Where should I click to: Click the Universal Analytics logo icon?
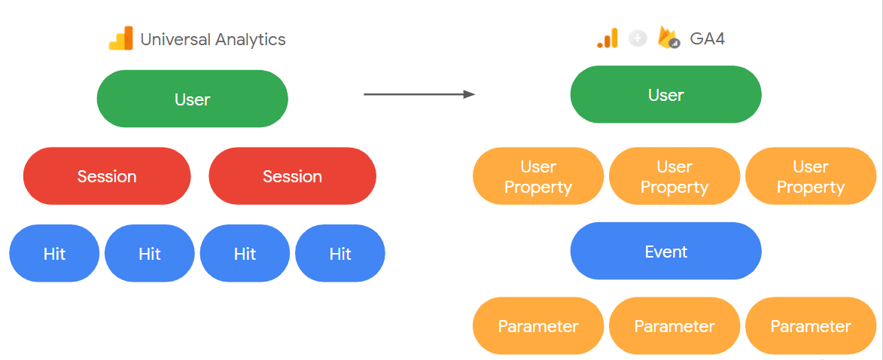coord(120,39)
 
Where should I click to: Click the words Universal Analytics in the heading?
coord(213,40)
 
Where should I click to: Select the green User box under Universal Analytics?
coord(192,99)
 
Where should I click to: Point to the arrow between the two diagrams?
coord(419,94)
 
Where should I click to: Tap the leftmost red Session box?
coord(107,176)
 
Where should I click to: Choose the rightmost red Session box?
coord(292,176)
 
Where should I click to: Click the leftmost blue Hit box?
coord(54,254)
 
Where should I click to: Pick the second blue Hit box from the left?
coord(150,254)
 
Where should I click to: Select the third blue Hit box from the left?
coord(245,254)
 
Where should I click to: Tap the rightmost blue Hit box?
coord(340,254)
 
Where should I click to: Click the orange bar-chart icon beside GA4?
coord(607,38)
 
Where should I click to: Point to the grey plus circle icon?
coord(638,38)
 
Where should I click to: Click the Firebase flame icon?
coord(668,38)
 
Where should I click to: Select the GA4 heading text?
coord(708,39)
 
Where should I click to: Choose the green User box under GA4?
coord(665,95)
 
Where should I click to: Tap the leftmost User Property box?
coord(538,176)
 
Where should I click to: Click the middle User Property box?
coord(674,176)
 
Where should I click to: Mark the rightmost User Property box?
coord(810,176)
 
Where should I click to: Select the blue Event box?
coord(665,252)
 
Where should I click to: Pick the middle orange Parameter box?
coord(674,326)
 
